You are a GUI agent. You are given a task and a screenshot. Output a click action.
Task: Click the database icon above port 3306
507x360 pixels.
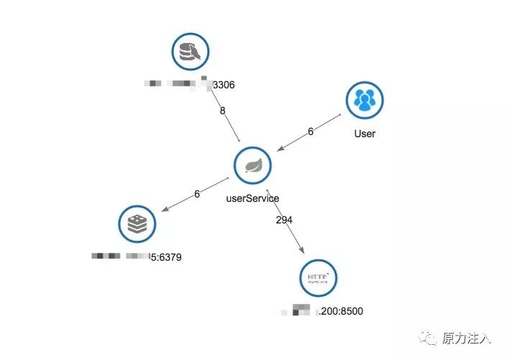click(x=190, y=52)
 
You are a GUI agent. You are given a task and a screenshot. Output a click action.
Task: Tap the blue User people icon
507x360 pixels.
click(x=365, y=100)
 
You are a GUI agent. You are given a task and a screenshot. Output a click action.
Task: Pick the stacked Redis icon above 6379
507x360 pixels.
click(x=136, y=224)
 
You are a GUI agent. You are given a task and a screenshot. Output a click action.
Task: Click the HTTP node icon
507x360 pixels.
click(x=317, y=278)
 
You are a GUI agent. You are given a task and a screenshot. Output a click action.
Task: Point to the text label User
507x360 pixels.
click(x=365, y=134)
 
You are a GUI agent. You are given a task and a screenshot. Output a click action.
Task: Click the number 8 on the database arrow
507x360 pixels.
click(x=222, y=111)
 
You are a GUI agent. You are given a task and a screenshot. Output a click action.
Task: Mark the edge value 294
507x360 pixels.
click(x=284, y=220)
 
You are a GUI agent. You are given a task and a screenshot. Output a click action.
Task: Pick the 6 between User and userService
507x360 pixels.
click(x=311, y=131)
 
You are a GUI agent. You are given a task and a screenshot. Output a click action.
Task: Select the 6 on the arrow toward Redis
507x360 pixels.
click(x=196, y=193)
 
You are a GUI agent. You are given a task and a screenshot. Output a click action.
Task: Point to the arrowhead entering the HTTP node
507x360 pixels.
click(x=302, y=251)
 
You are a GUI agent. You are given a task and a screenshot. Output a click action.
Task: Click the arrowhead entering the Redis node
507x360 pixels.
click(x=165, y=209)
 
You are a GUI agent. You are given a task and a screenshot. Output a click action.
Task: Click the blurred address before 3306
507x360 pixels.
click(x=176, y=85)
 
